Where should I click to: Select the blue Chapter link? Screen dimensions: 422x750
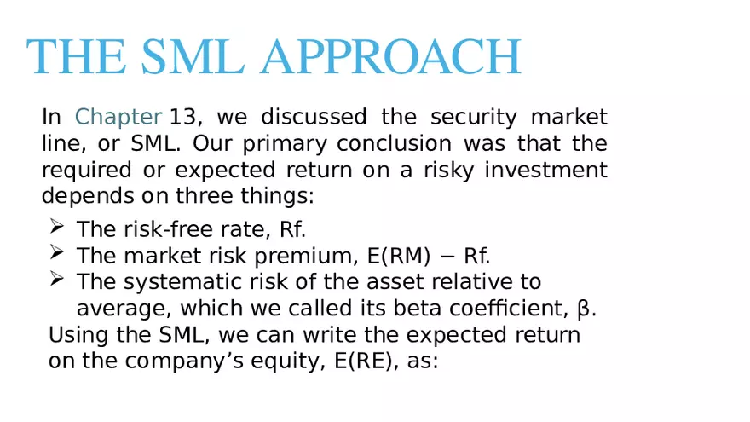[x=118, y=117]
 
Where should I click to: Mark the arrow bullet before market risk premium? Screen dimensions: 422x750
[x=56, y=252]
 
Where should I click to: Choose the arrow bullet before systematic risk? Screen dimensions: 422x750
[x=56, y=279]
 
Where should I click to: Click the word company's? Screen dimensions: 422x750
[x=188, y=361]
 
